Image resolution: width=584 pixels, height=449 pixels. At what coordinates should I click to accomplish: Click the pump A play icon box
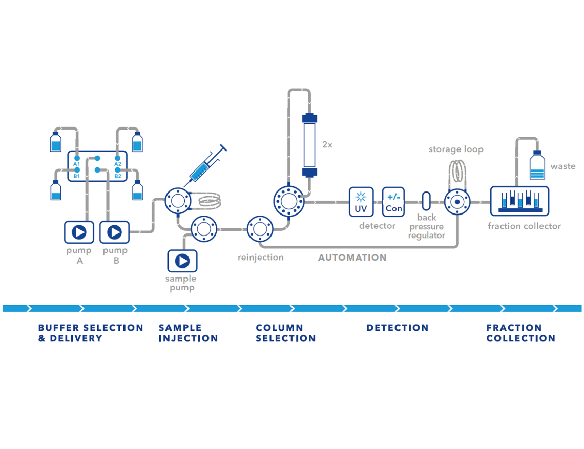point(78,232)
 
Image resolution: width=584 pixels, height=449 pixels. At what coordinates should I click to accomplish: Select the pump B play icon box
point(115,232)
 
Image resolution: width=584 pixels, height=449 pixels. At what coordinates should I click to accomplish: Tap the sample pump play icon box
point(182,261)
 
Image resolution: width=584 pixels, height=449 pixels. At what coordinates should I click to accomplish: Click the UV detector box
point(361,202)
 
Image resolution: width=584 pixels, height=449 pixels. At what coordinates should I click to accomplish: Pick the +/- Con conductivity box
point(393,202)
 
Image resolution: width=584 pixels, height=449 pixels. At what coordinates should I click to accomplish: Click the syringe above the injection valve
point(206,163)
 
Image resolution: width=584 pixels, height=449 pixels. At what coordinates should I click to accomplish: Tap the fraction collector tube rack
point(519,201)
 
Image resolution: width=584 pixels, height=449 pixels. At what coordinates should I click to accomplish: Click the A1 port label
point(76,164)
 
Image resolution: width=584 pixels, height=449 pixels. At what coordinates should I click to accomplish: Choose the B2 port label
point(118,176)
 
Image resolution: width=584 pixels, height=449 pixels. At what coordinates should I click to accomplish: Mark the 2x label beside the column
point(327,145)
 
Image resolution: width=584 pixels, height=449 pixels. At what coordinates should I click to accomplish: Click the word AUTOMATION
point(352,258)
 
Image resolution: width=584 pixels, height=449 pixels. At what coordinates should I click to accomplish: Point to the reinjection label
point(260,258)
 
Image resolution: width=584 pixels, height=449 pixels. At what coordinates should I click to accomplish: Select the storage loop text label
point(456,149)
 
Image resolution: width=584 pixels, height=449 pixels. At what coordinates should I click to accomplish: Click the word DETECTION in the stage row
point(398,328)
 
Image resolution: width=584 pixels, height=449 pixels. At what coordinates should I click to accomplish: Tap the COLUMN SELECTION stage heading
point(286,333)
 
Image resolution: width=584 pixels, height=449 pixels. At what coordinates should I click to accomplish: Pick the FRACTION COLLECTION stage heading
point(520,333)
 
